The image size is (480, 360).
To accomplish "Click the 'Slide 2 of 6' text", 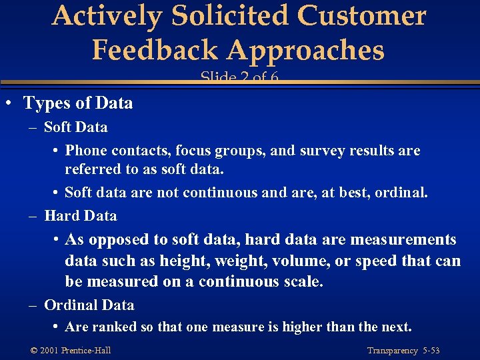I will click(x=239, y=78).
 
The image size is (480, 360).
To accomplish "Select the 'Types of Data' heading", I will click(x=78, y=103).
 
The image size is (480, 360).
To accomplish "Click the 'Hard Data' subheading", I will click(x=80, y=216).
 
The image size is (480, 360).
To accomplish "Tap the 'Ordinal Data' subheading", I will click(x=89, y=305).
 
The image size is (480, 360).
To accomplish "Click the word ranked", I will click(x=109, y=327).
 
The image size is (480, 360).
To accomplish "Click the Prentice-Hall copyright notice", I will click(x=70, y=351).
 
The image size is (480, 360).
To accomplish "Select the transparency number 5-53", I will click(x=431, y=351).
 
